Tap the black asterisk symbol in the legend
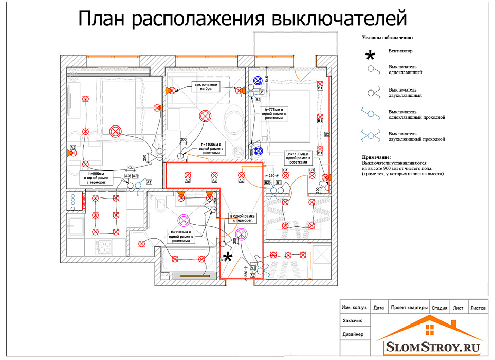[x=369, y=56]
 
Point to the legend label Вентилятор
[x=400, y=51]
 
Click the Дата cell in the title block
[x=379, y=308]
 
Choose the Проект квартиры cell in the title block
[x=409, y=308]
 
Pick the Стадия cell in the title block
[x=439, y=308]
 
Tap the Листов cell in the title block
[x=478, y=308]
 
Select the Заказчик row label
[x=352, y=321]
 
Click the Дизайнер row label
[x=353, y=334]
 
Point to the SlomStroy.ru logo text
[x=432, y=348]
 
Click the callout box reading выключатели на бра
[x=206, y=86]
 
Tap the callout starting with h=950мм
[x=96, y=178]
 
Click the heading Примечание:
[x=376, y=157]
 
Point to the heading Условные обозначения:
[x=388, y=38]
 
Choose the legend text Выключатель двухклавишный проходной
[x=417, y=136]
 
